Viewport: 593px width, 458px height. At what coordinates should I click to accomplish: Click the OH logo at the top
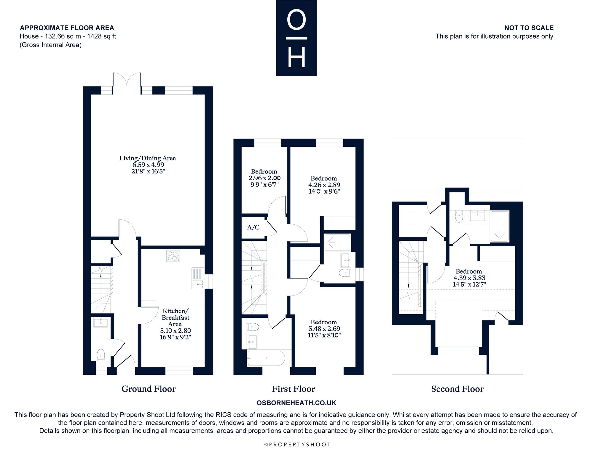tap(296, 38)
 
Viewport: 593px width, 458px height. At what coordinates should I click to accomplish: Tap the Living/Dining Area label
tap(148, 165)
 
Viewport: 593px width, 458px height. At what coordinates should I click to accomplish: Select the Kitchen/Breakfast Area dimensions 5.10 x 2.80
tap(176, 331)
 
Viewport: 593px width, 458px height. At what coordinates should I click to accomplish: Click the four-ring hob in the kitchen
tap(173, 256)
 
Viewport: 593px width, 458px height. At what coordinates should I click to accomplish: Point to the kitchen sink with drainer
tap(198, 278)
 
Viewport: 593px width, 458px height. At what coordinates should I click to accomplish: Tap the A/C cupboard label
tap(254, 227)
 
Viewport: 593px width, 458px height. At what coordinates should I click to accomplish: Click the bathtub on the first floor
tap(266, 358)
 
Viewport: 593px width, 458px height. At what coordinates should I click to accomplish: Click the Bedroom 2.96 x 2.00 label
tap(264, 178)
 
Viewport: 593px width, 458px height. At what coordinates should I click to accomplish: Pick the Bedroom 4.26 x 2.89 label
tap(324, 185)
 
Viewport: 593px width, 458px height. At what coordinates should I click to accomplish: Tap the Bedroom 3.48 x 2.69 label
tap(324, 328)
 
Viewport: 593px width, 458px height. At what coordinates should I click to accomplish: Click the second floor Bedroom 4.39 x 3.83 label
tap(469, 278)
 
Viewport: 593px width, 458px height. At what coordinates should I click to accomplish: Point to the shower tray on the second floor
tap(500, 226)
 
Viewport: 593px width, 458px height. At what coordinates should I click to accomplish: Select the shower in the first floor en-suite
tap(337, 243)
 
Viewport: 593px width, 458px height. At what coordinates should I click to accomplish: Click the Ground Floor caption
tap(149, 389)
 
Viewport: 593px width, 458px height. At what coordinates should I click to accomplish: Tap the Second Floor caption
tap(457, 389)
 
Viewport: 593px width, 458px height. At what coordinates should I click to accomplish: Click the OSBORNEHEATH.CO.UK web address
tap(296, 403)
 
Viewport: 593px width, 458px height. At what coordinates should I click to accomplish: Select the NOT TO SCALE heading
tap(529, 28)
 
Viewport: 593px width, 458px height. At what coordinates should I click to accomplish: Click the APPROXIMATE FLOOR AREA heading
tap(67, 28)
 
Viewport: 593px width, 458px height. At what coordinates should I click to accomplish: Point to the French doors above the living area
tap(127, 84)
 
